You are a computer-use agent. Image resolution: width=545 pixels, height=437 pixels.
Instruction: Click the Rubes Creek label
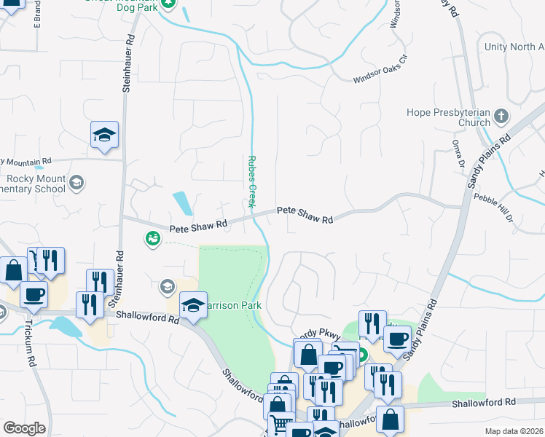[x=251, y=181]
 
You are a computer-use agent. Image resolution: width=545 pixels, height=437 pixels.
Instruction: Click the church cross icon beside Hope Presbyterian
[x=501, y=117]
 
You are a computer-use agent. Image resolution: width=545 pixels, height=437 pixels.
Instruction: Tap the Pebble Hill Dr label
[x=494, y=208]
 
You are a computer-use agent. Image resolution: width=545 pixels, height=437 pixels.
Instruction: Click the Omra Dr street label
[x=458, y=155]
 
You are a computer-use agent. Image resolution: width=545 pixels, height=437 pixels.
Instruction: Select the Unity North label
[x=514, y=47]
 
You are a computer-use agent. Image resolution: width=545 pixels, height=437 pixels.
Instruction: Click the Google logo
[x=24, y=428]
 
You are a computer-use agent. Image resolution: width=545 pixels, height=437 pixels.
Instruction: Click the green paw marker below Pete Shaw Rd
[x=152, y=238]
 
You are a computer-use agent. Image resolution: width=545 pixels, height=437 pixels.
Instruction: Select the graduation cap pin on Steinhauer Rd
[x=104, y=135]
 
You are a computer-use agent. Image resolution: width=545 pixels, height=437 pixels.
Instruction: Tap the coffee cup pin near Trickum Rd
[x=34, y=295]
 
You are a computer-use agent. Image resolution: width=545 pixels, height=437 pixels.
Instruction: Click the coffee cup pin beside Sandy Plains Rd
[x=398, y=339]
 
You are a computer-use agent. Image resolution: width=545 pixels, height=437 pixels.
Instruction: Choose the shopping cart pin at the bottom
[x=281, y=425]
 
